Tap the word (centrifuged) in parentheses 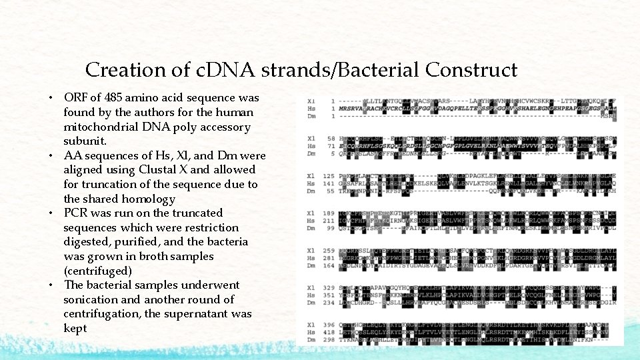(x=97, y=271)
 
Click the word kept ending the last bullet (x=75, y=328)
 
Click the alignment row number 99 (x=331, y=227)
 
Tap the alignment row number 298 (x=330, y=340)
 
